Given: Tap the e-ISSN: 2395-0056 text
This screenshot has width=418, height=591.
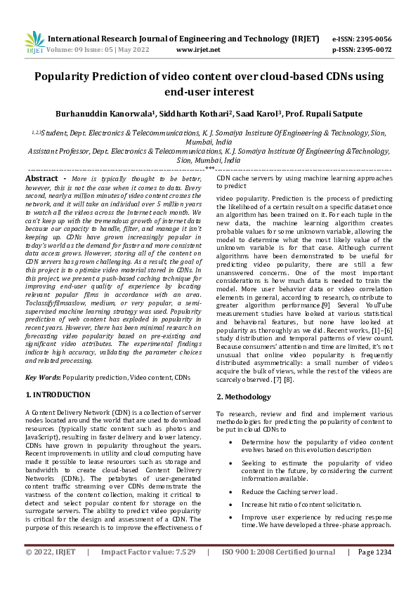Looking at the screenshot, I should coord(362,39).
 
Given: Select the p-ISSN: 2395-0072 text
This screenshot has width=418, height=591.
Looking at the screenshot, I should coord(362,50).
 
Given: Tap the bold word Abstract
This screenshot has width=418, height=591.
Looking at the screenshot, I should coord(41,179).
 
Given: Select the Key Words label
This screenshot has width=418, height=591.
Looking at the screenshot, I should coord(42,378).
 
